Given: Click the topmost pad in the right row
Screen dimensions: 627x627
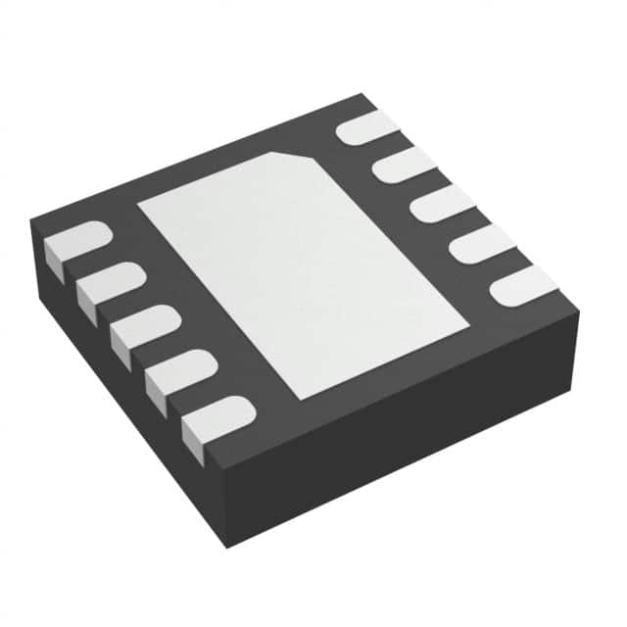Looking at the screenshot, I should point(368,127).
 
